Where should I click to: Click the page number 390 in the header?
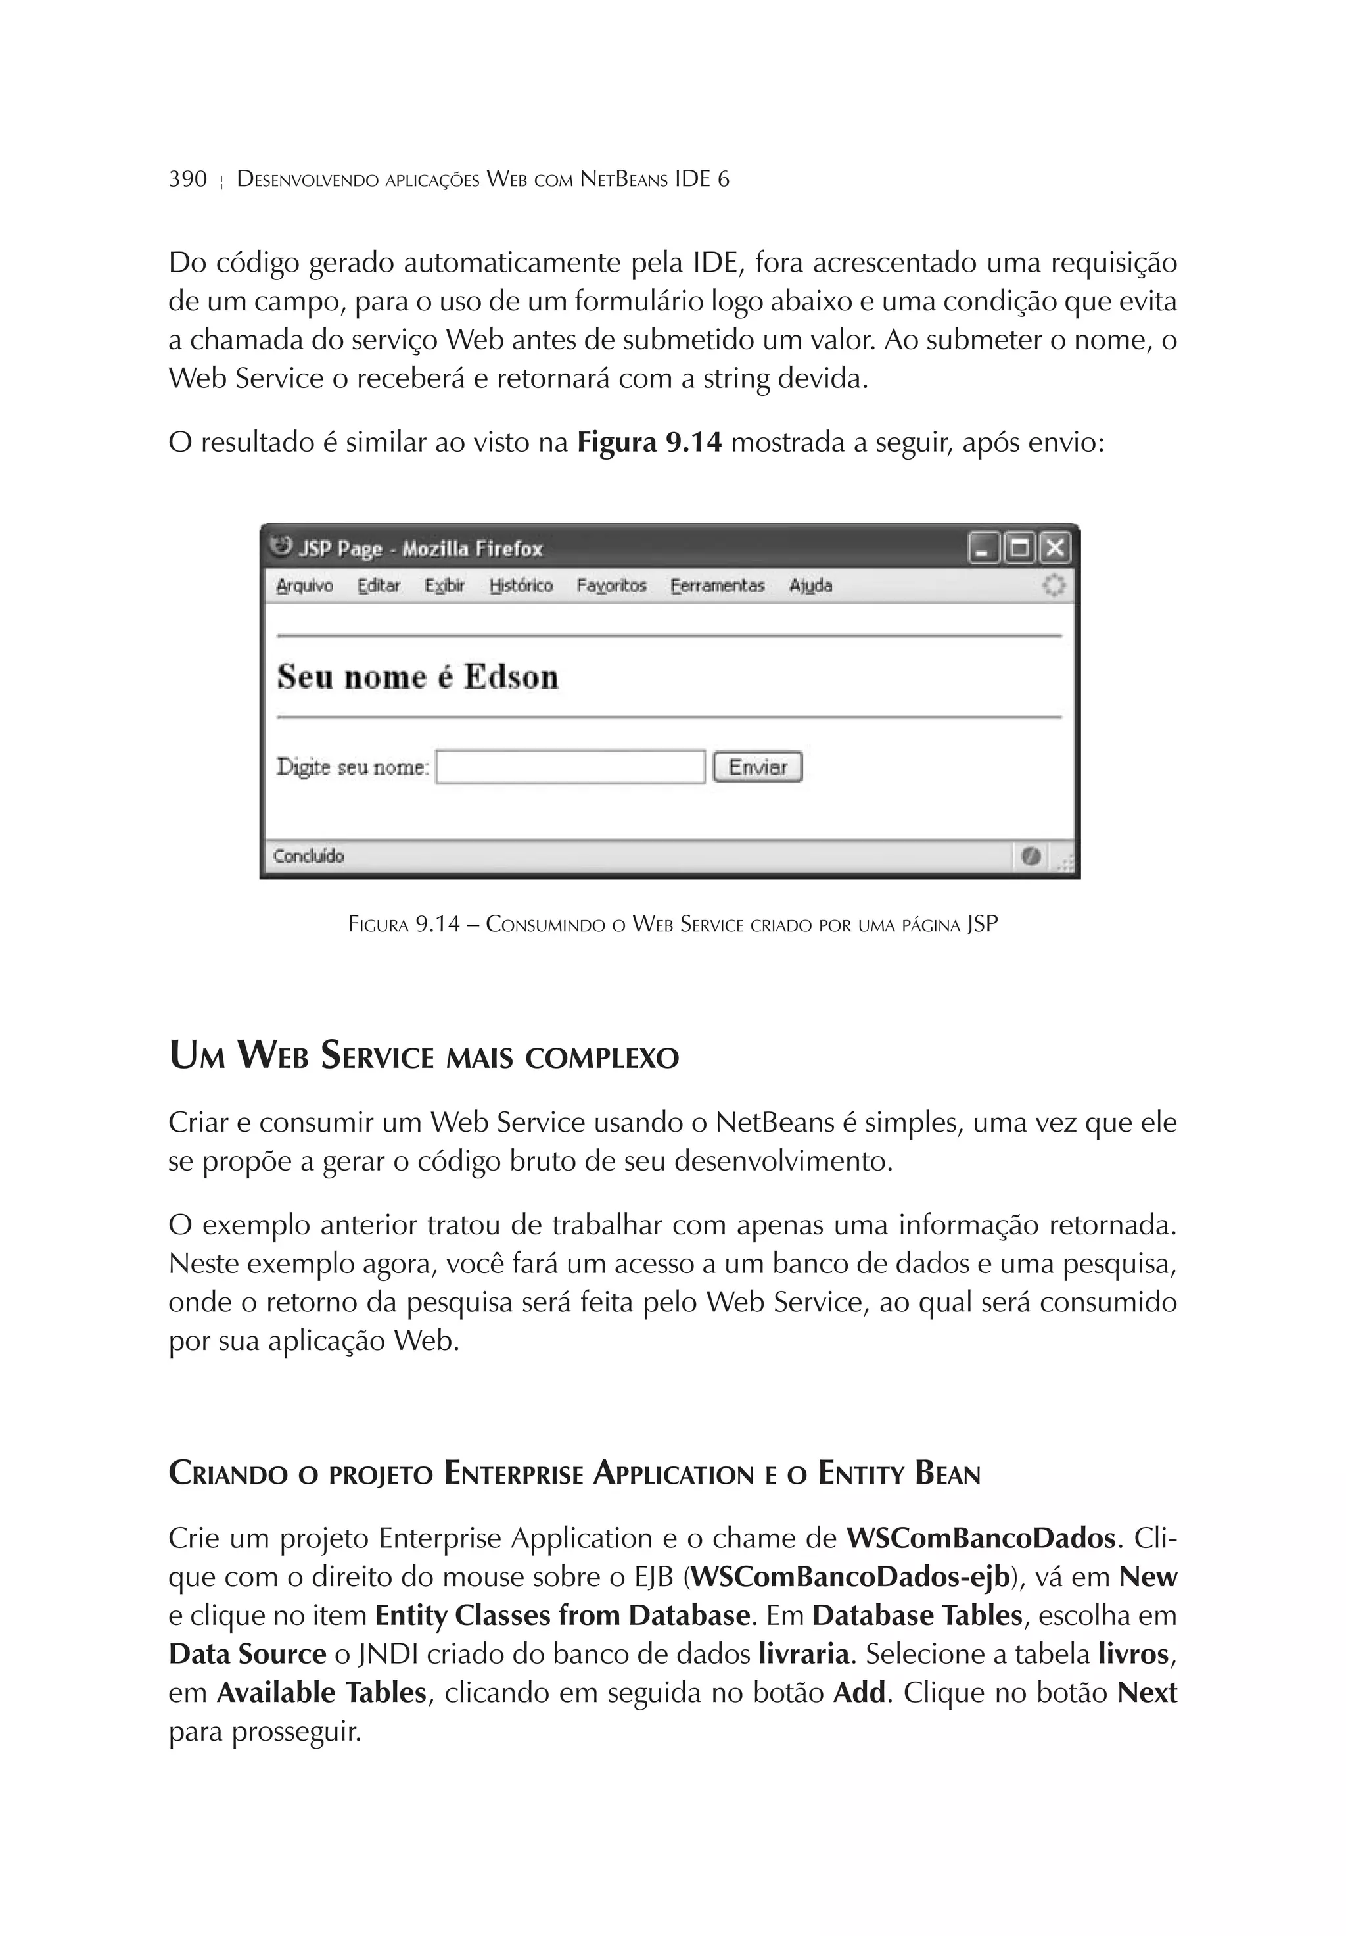[187, 179]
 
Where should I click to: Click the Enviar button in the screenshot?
[757, 767]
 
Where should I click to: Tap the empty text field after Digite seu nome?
[570, 767]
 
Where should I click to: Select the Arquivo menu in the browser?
[304, 585]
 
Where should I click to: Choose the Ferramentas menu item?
[717, 585]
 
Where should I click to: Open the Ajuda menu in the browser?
[810, 585]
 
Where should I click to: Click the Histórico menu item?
[521, 585]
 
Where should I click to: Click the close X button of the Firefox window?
[1054, 548]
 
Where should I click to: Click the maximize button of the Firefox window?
[1019, 548]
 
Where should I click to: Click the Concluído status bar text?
[308, 856]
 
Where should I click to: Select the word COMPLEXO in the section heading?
[602, 1057]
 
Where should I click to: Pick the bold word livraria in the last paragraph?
[803, 1653]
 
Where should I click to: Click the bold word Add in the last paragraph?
[859, 1692]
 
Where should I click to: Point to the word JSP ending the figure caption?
[982, 924]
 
